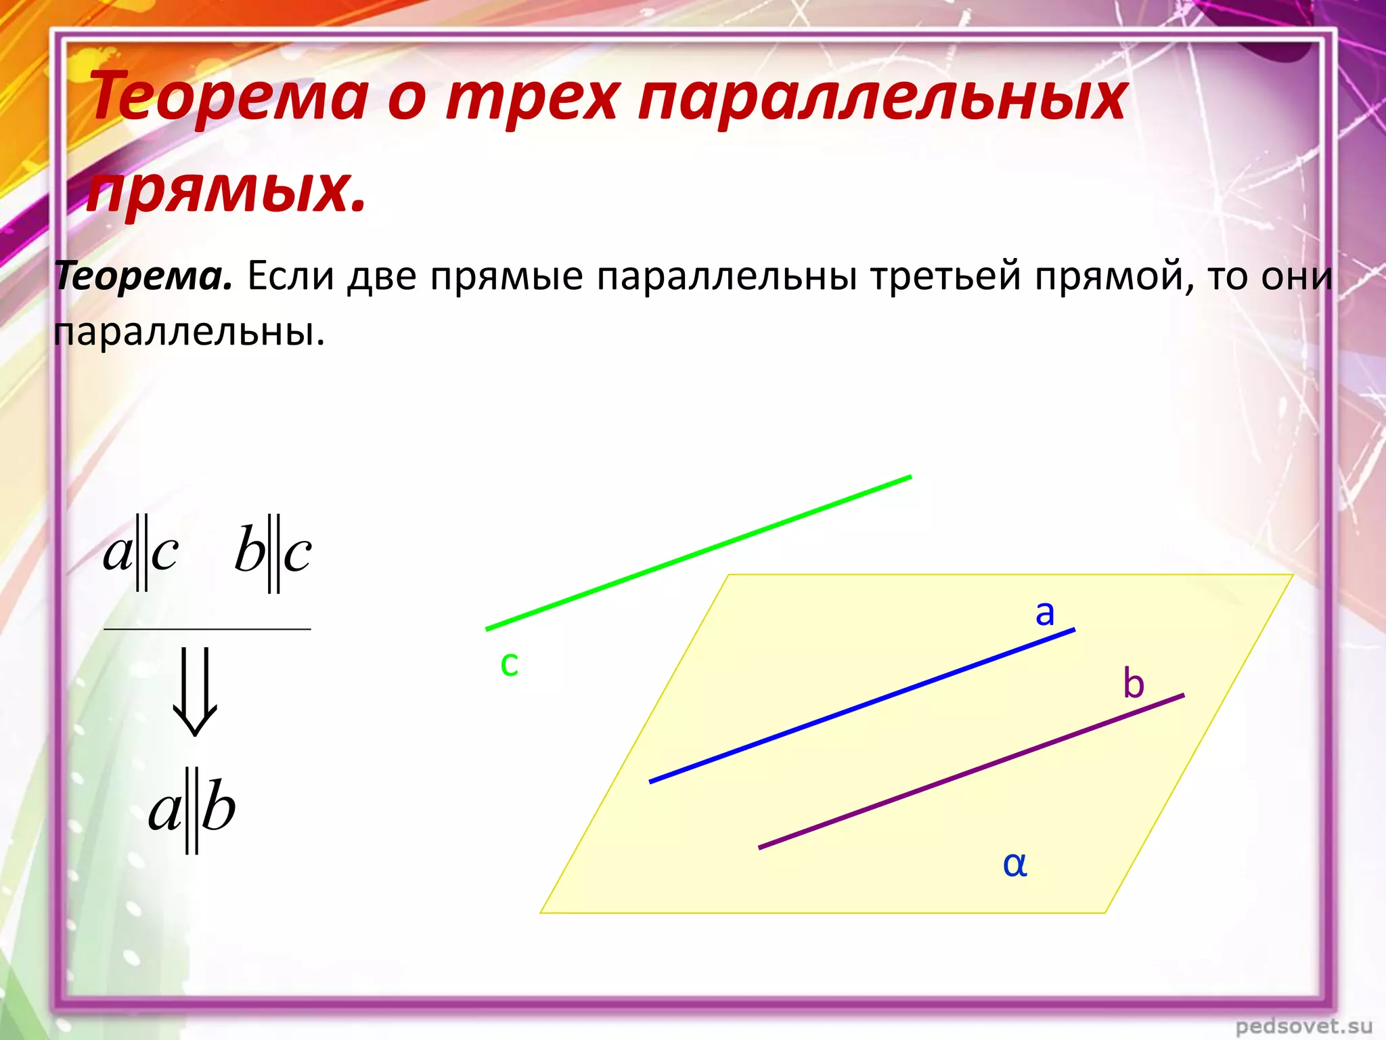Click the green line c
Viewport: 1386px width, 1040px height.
698,553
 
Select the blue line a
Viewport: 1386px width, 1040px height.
862,706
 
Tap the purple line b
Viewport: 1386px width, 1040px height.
971,771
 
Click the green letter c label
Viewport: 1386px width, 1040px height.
509,664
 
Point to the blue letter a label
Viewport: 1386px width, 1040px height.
1045,613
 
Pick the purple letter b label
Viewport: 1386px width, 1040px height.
1134,684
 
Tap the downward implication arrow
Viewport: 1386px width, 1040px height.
195,691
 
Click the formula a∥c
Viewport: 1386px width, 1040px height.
141,552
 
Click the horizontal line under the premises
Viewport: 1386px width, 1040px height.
207,629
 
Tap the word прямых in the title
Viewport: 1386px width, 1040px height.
226,189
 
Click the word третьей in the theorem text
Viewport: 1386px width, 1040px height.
945,277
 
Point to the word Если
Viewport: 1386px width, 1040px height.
290,277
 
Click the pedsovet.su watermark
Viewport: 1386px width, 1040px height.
1303,1026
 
